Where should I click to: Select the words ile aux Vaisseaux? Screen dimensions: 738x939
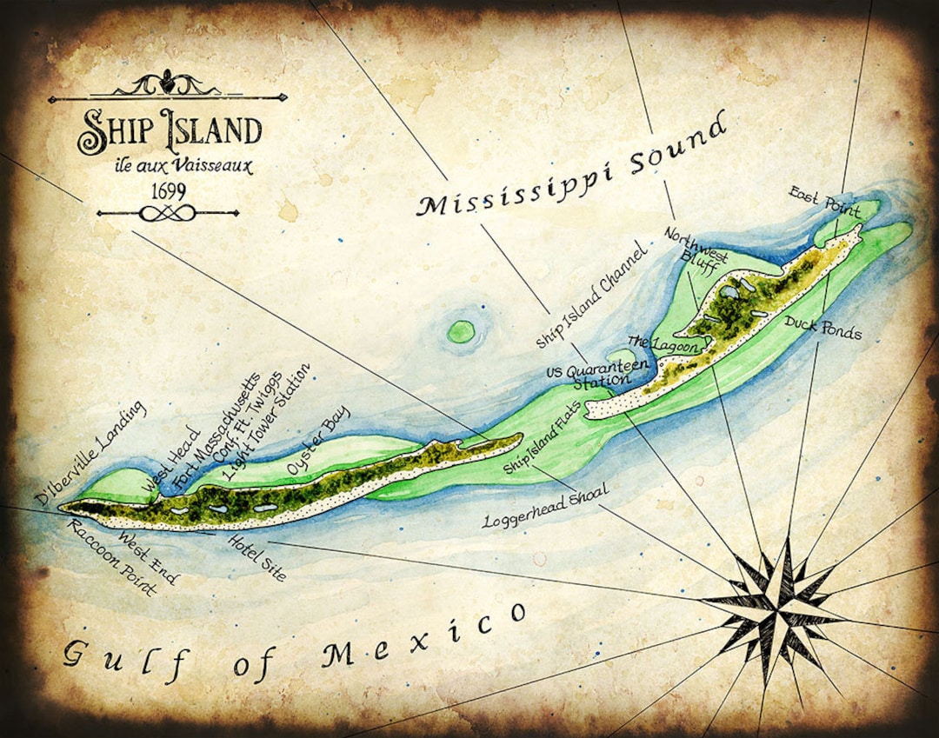pyautogui.click(x=170, y=165)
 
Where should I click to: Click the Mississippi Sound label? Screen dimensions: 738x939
pyautogui.click(x=569, y=165)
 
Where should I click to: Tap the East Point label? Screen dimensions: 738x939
pyautogui.click(x=823, y=201)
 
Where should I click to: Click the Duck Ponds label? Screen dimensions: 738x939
pyautogui.click(x=822, y=328)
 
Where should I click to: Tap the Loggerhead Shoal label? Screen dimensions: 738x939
pyautogui.click(x=545, y=508)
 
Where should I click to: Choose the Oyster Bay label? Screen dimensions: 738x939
pyautogui.click(x=317, y=441)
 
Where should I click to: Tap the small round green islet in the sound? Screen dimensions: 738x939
pyautogui.click(x=461, y=330)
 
